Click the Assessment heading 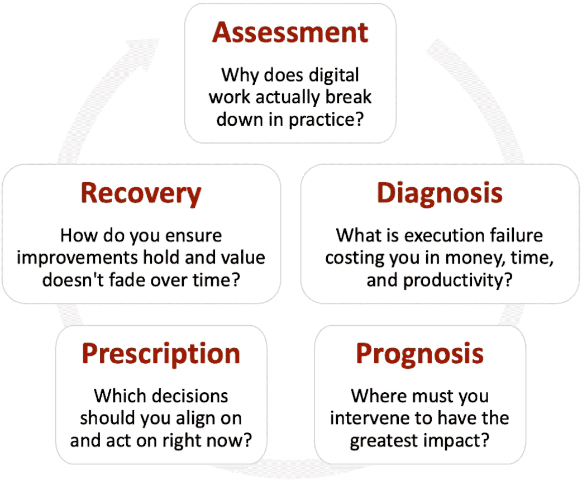point(290,32)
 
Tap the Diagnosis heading point(440,193)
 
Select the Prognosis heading point(420,354)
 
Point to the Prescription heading point(161,354)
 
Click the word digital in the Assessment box point(333,75)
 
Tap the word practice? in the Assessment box point(326,120)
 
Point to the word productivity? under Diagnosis point(457,281)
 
